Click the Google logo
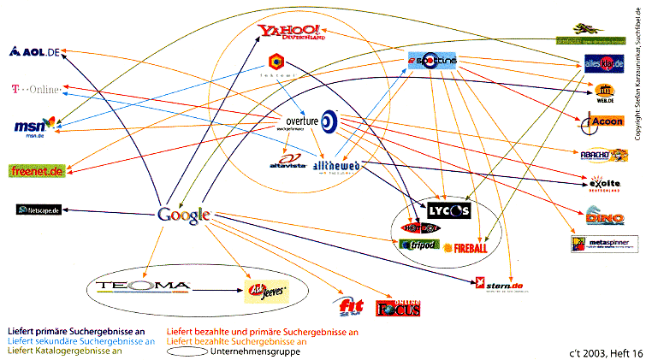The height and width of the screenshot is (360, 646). coord(184,215)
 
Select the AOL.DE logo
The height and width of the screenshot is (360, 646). coord(34,52)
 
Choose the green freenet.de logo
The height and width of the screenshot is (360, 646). coord(37,171)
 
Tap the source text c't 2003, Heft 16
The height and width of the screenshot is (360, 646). coord(603,351)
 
